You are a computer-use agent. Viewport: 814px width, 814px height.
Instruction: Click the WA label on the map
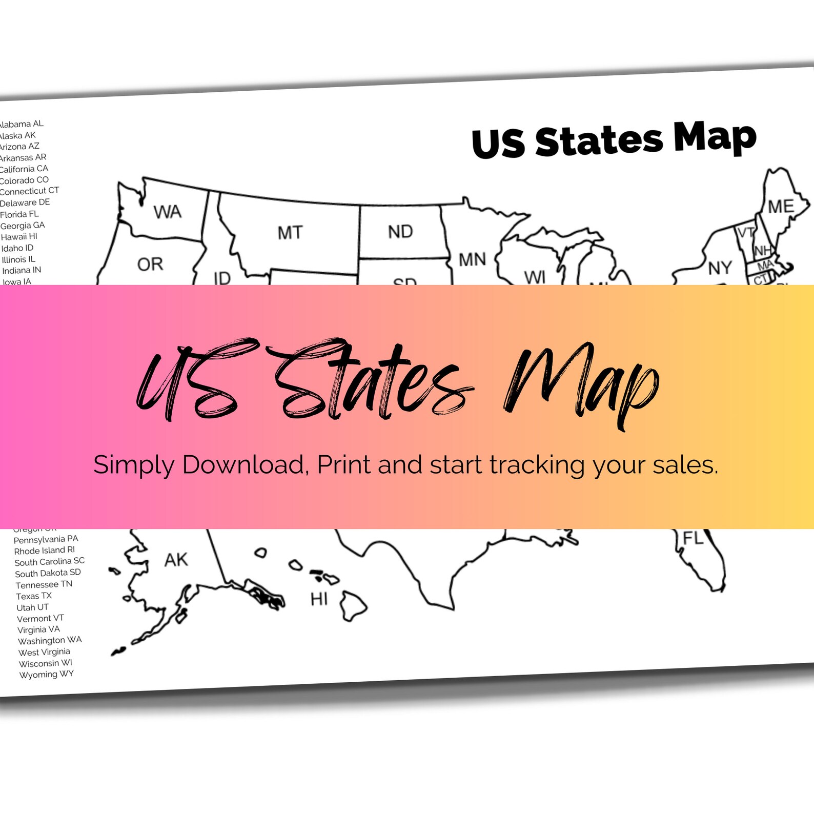pyautogui.click(x=168, y=212)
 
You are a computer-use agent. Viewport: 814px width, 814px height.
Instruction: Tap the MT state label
pyautogui.click(x=290, y=233)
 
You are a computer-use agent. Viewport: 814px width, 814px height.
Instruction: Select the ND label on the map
pyautogui.click(x=400, y=232)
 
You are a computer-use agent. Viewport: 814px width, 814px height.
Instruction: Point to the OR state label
pyautogui.click(x=150, y=264)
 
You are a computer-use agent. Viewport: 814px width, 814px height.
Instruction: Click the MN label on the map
pyautogui.click(x=472, y=260)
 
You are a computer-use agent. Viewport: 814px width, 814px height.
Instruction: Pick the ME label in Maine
pyautogui.click(x=781, y=207)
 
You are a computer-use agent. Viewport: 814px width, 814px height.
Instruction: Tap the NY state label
pyautogui.click(x=720, y=268)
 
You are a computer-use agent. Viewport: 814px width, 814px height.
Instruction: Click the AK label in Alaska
pyautogui.click(x=176, y=560)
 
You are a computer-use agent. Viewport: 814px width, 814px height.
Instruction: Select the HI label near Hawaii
pyautogui.click(x=319, y=599)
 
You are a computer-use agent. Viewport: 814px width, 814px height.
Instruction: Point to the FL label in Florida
pyautogui.click(x=693, y=538)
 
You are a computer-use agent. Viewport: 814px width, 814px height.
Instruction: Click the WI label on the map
pyautogui.click(x=535, y=277)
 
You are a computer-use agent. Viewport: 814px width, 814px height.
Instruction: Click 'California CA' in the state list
pyautogui.click(x=24, y=169)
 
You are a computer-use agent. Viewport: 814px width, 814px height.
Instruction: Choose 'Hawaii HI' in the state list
pyautogui.click(x=19, y=237)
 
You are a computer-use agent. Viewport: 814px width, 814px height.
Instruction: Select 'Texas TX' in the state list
pyautogui.click(x=34, y=596)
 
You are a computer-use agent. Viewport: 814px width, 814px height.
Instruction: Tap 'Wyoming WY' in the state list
pyautogui.click(x=46, y=675)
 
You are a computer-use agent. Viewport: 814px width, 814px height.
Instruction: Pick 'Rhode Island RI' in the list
pyautogui.click(x=44, y=551)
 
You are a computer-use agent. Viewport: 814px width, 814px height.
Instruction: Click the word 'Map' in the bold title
pyautogui.click(x=715, y=137)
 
